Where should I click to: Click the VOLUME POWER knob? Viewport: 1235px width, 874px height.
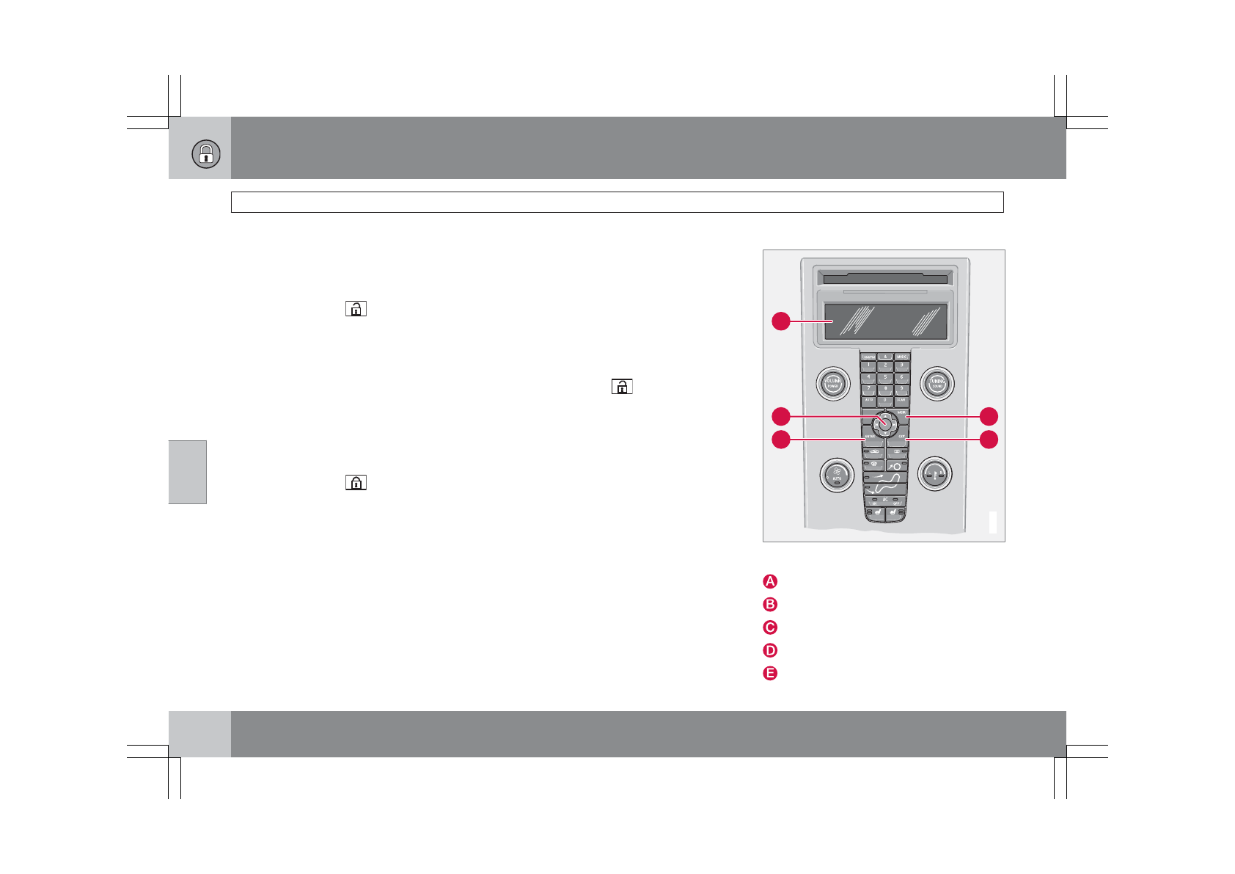(x=832, y=382)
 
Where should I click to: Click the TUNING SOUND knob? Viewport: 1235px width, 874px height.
(x=937, y=382)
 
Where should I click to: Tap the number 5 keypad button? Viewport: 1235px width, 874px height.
(x=885, y=377)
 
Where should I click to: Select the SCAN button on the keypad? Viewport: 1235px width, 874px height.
(x=901, y=400)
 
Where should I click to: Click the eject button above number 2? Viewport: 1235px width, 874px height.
(x=885, y=357)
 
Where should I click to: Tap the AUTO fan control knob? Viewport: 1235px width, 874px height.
(x=837, y=476)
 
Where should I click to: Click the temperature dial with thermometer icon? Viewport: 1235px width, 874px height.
(x=934, y=475)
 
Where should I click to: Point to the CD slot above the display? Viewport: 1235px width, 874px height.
(x=884, y=280)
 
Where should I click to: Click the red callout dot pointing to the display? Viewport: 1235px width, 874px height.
(x=781, y=321)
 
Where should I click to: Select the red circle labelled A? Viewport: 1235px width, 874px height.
(x=770, y=581)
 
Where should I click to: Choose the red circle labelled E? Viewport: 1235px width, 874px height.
(x=770, y=673)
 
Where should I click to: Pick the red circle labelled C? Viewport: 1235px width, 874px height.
(x=770, y=627)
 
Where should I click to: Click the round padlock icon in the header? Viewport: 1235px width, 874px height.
(x=206, y=154)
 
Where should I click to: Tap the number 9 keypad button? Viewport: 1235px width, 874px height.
(x=901, y=389)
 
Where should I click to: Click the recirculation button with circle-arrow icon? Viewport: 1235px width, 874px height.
(x=896, y=466)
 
